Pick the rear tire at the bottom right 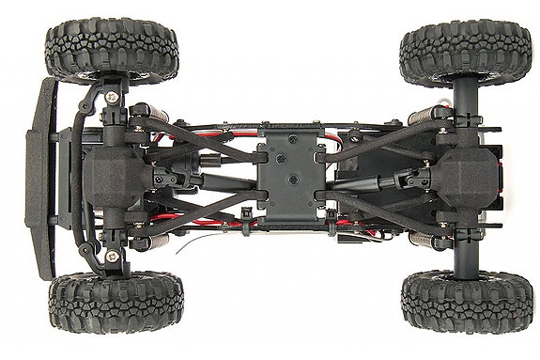[466, 301]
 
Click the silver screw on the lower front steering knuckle [113, 256]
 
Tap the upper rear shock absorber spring [421, 117]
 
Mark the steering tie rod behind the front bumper [79, 179]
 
